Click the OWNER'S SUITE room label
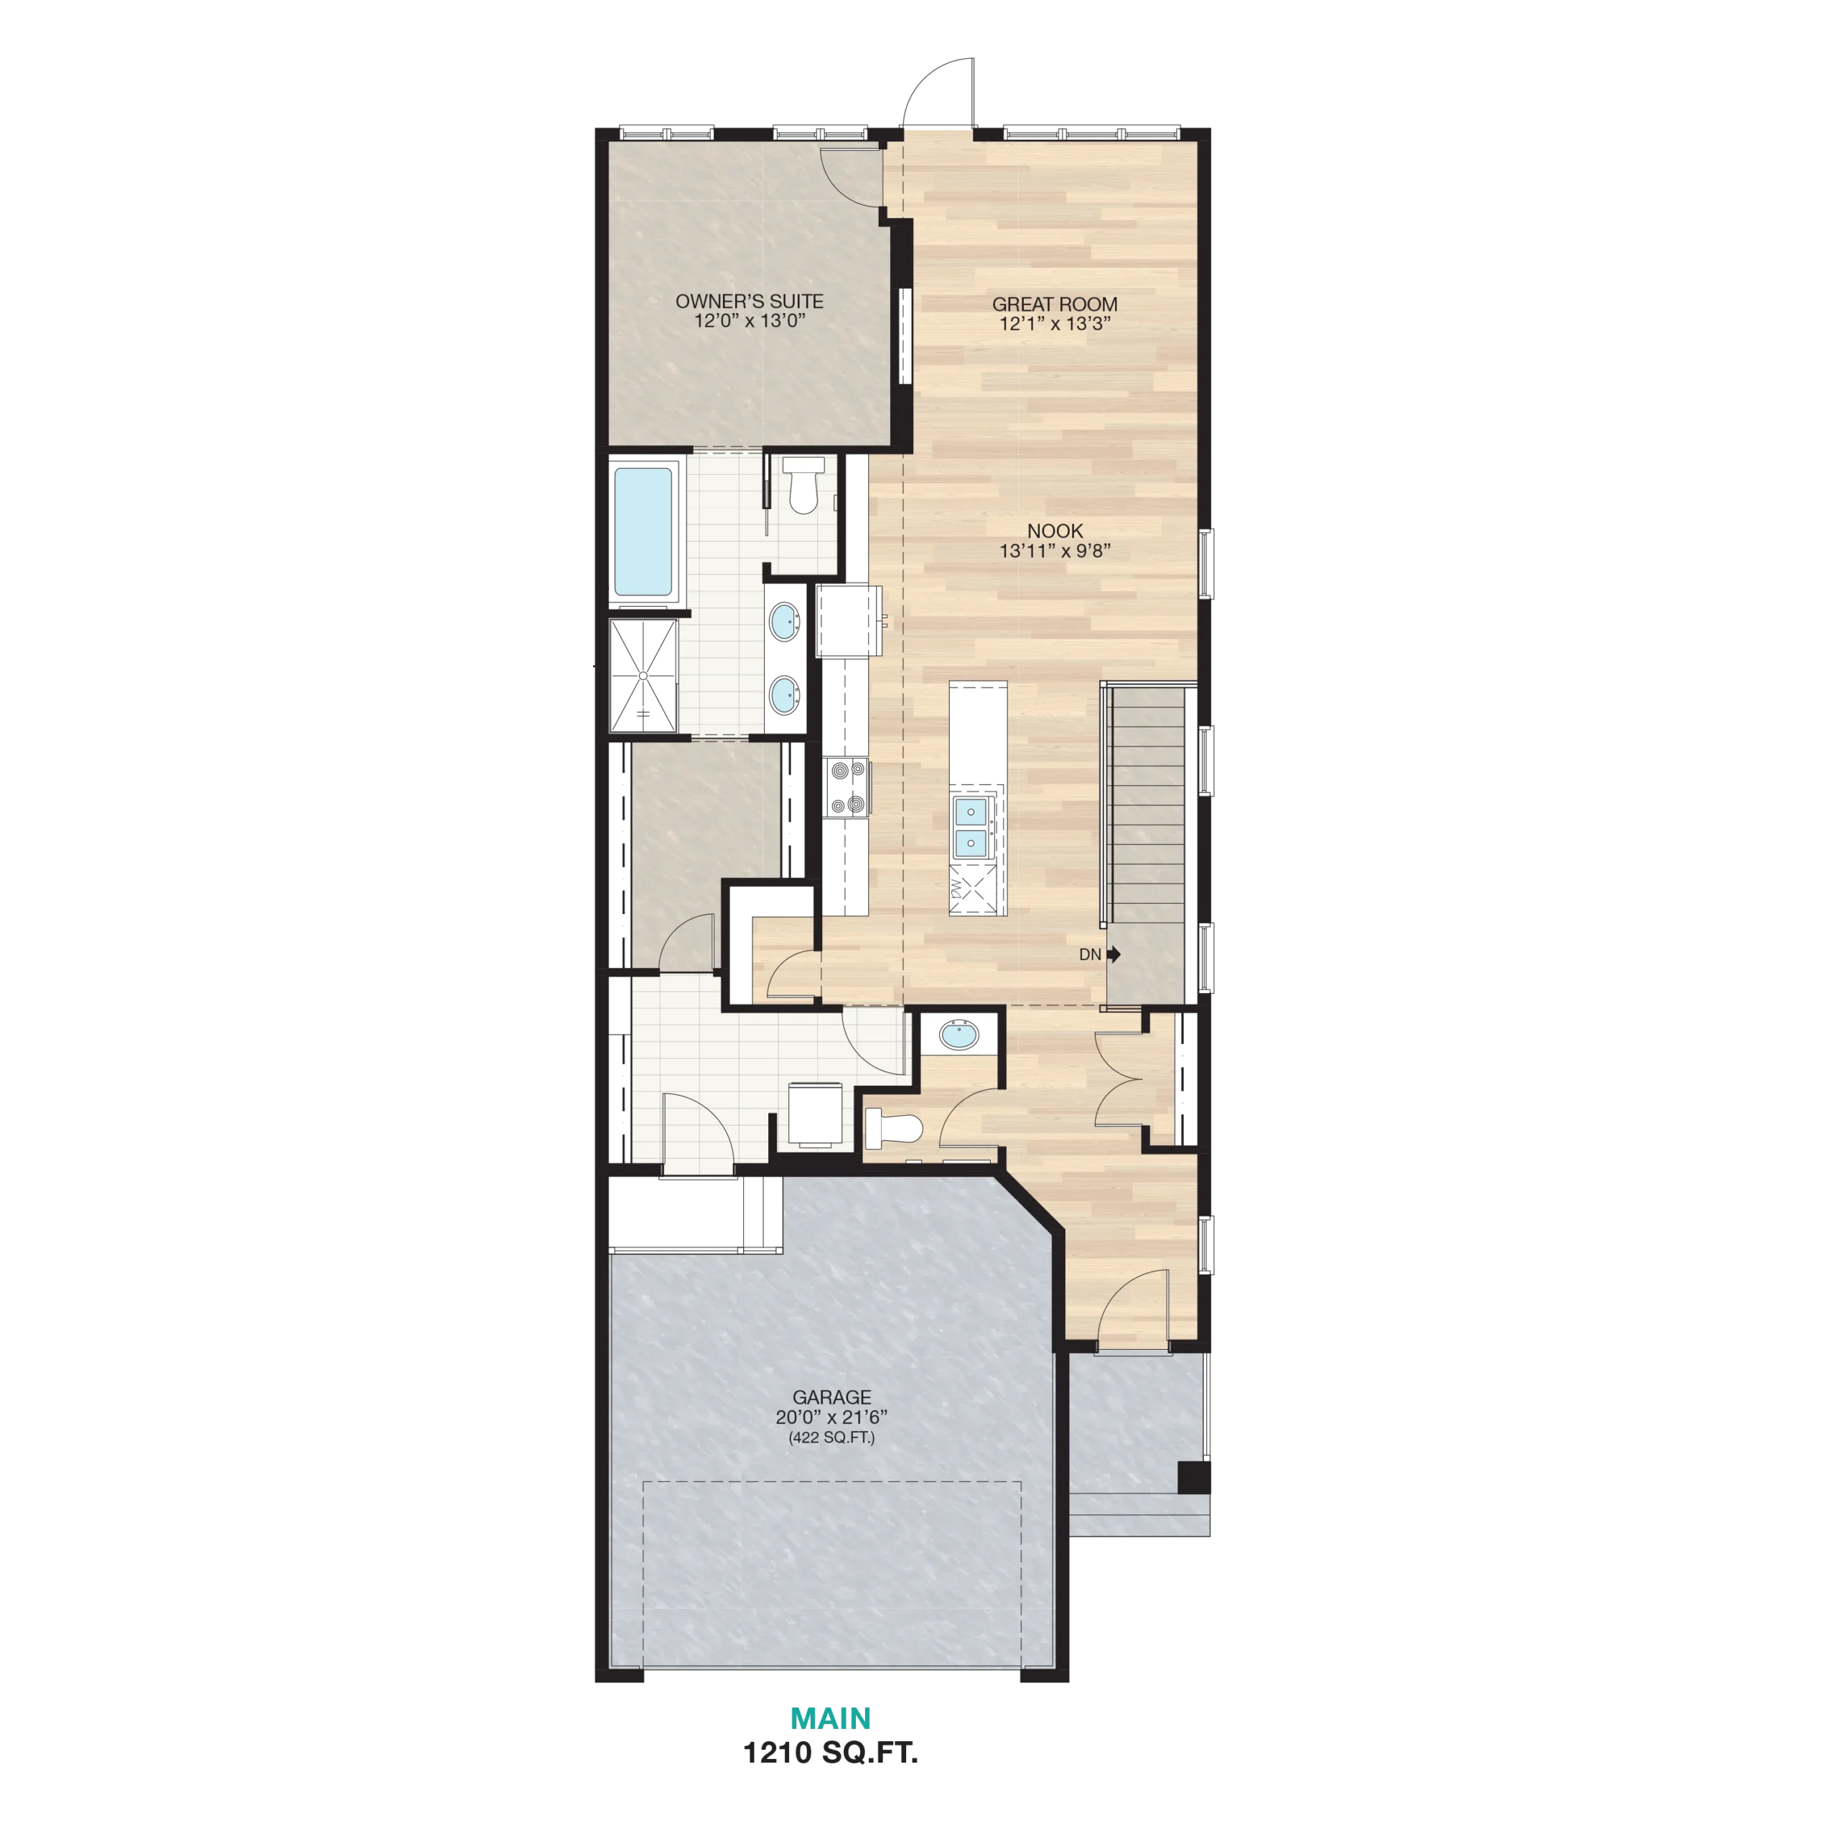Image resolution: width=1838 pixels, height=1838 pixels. coord(749,302)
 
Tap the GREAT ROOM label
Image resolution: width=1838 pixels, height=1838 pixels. coord(1054,304)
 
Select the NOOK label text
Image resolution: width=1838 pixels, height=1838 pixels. coord(1055,531)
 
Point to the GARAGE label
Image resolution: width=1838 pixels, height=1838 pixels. coord(831,1396)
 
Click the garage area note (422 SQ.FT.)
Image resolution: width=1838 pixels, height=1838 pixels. coord(831,1437)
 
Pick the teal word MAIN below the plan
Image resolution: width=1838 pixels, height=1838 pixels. coord(831,1718)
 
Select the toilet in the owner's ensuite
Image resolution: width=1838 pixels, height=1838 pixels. coord(804,485)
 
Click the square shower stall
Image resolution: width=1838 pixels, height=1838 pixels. coord(643,676)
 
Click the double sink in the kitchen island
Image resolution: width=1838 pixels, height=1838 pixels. coord(971,826)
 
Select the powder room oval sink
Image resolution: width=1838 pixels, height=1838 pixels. coord(959,1035)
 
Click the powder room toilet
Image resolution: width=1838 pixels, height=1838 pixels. coord(895,1129)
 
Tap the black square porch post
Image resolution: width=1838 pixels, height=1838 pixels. coord(1193,1478)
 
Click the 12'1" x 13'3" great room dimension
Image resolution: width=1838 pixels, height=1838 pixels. coord(1054,324)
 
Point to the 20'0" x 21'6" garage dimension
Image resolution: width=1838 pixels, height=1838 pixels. coord(831,1417)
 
